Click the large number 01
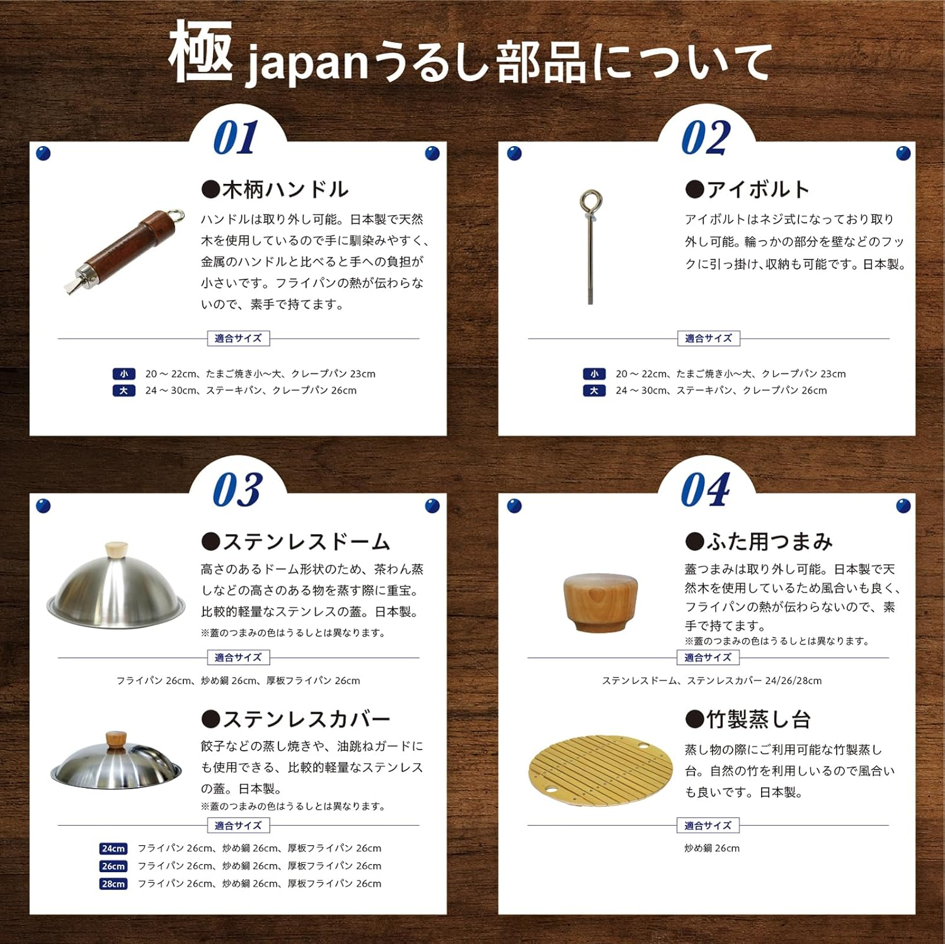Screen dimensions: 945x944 236,138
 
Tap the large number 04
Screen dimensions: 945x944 706,489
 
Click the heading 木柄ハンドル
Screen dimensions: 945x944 275,189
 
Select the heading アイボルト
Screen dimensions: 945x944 748,189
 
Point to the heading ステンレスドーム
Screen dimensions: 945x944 296,542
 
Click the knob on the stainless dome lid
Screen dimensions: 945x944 116,549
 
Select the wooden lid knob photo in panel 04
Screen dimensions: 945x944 599,602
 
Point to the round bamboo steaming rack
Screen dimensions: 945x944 600,770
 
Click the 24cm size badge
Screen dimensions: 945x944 113,848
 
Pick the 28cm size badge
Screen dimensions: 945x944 113,884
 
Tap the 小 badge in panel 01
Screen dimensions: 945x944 123,374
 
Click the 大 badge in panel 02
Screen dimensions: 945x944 594,390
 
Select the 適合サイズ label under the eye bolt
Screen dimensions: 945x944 708,338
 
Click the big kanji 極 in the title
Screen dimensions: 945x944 200,52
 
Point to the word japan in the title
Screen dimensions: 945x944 306,65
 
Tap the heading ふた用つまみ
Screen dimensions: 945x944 759,542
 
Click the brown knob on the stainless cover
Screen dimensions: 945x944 116,740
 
